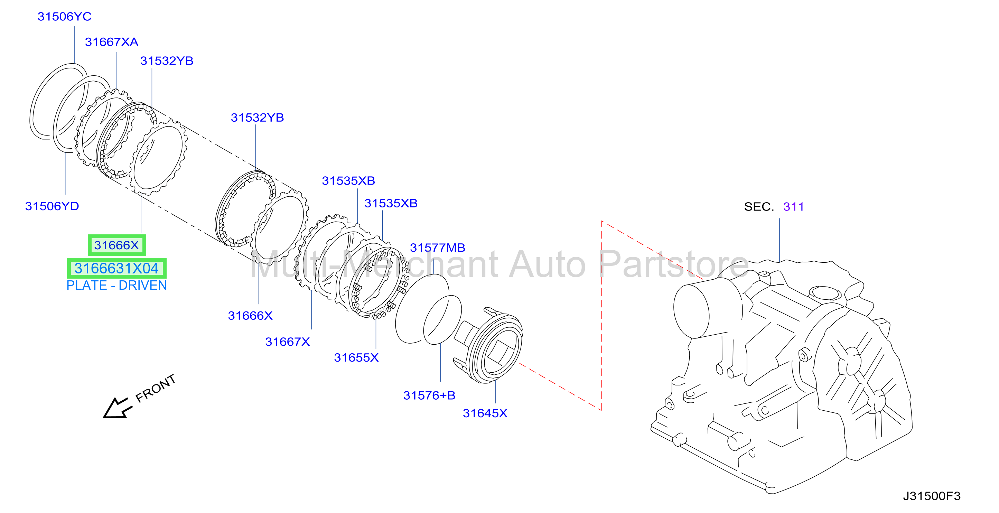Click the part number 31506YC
click(x=64, y=17)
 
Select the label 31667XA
click(x=112, y=42)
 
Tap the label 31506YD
click(x=52, y=206)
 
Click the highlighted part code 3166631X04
click(x=117, y=268)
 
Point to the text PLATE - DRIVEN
click(x=117, y=286)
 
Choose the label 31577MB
click(x=437, y=248)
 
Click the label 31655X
click(x=356, y=357)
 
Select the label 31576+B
click(x=429, y=395)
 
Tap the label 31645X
click(x=485, y=413)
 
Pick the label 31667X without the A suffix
click(x=287, y=342)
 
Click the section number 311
click(x=793, y=207)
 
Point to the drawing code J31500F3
click(x=932, y=496)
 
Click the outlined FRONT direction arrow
click(x=116, y=408)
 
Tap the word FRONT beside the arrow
click(x=156, y=388)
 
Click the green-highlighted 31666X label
click(x=116, y=245)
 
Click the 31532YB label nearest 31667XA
click(x=167, y=61)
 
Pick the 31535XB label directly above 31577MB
click(x=391, y=204)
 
